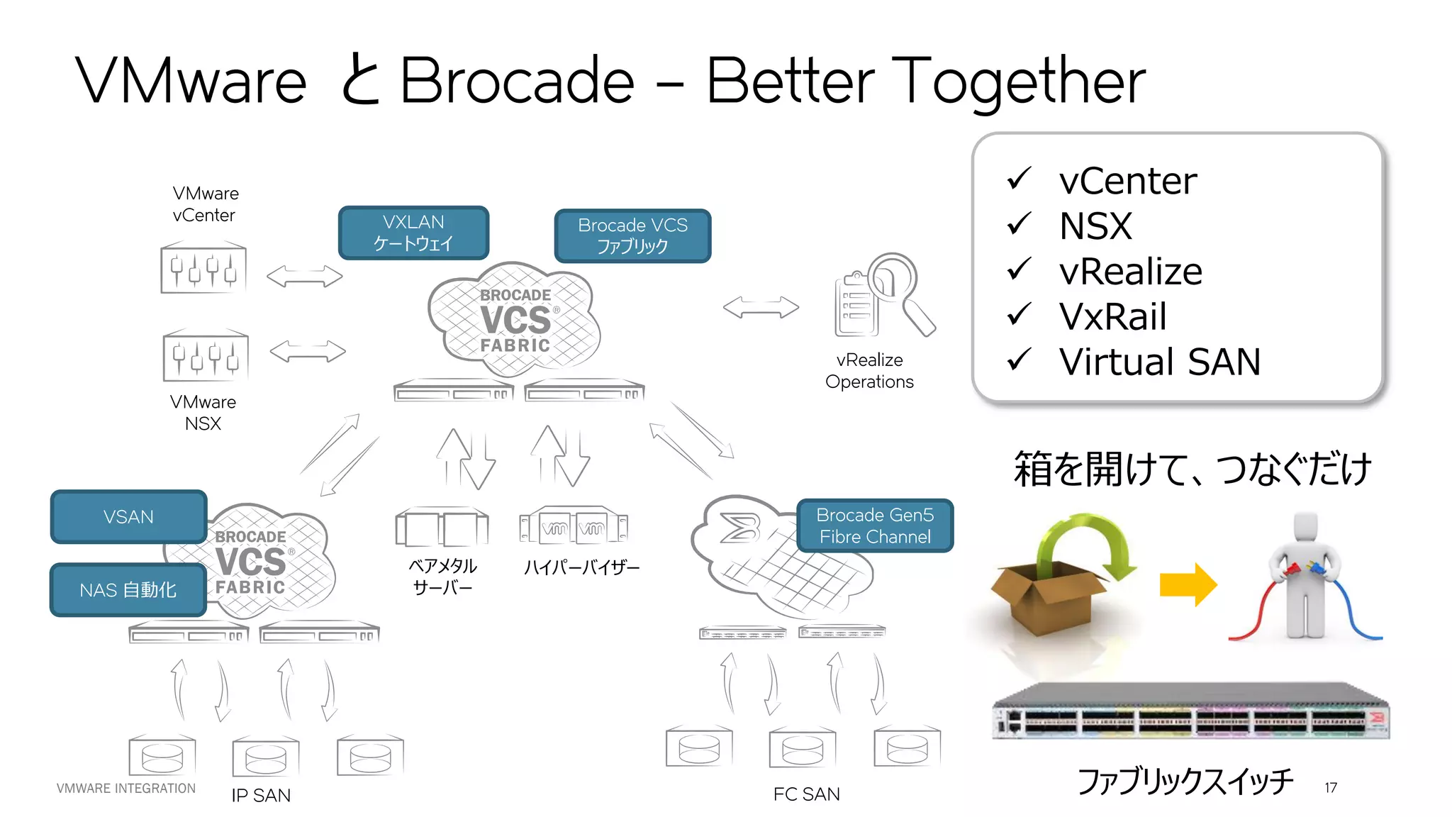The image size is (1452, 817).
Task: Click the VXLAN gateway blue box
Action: [x=413, y=233]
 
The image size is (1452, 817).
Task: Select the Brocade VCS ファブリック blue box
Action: [x=632, y=235]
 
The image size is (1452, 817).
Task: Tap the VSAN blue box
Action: [x=128, y=516]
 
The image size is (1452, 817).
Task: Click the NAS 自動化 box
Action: [x=128, y=589]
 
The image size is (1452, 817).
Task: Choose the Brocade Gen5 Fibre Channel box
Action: [x=874, y=526]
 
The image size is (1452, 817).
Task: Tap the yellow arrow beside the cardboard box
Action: [x=1188, y=584]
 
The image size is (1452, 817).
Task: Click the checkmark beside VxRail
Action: [x=1019, y=314]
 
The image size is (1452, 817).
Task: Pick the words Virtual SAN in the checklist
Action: [x=1160, y=362]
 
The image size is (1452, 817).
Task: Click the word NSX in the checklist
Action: [x=1095, y=226]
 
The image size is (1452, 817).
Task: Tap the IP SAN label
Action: [x=261, y=795]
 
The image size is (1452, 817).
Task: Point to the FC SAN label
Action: [x=806, y=794]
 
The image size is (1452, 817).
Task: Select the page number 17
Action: [x=1331, y=788]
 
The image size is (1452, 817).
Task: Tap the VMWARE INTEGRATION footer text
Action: [x=126, y=788]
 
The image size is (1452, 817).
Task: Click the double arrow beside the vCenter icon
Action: [x=304, y=276]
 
